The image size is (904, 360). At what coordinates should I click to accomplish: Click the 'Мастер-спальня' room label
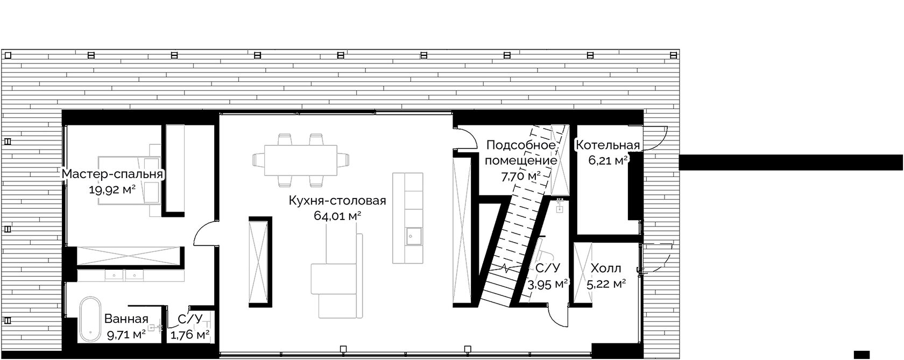click(112, 174)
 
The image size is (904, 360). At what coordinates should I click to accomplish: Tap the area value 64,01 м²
click(337, 216)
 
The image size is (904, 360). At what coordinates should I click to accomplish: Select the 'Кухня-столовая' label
click(337, 201)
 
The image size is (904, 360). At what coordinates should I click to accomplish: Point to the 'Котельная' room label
click(608, 145)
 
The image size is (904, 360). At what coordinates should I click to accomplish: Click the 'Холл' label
click(606, 269)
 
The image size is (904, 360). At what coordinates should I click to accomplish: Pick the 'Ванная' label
click(126, 319)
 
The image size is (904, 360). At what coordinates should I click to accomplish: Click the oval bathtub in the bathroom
click(90, 320)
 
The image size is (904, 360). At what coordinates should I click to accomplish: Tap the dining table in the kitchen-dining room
click(301, 160)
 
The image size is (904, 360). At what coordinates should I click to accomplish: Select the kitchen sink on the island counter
click(414, 237)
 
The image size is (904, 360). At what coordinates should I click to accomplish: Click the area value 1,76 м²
click(190, 335)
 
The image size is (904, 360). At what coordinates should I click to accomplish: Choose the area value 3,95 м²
click(548, 285)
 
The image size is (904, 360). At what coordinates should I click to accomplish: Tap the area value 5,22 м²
click(606, 285)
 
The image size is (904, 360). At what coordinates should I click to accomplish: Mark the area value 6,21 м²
click(608, 160)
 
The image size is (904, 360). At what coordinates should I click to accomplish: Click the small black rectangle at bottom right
click(861, 354)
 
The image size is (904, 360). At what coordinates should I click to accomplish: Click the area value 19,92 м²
click(112, 189)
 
